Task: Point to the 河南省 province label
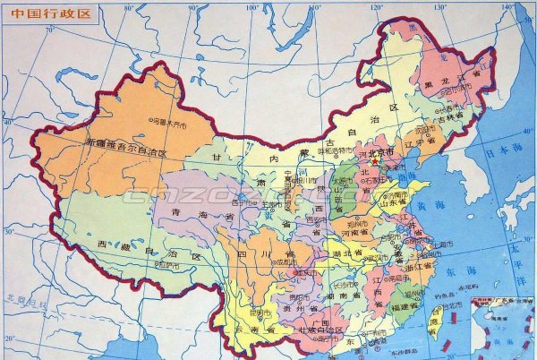coord(362,232)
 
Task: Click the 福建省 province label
coord(404,305)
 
